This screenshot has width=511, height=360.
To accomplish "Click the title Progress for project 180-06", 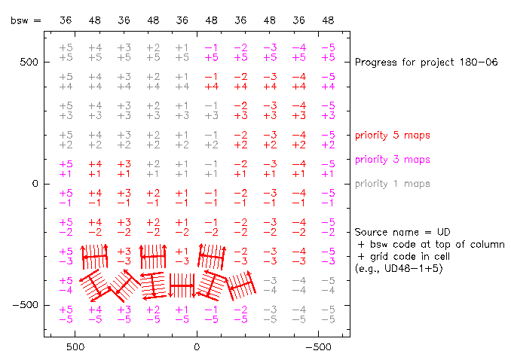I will pyautogui.click(x=426, y=62).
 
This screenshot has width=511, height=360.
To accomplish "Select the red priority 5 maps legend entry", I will pyautogui.click(x=393, y=136).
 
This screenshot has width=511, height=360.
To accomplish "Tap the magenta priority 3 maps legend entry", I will pyautogui.click(x=393, y=160).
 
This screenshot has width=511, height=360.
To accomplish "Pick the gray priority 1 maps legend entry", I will pyautogui.click(x=393, y=184).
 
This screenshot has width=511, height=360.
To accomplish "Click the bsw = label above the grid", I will pyautogui.click(x=26, y=21).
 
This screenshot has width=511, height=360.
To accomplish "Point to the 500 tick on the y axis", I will pyautogui.click(x=29, y=62).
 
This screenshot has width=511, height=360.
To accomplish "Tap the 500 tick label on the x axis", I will pyautogui.click(x=75, y=349).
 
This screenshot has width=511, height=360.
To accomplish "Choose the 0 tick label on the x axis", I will pyautogui.click(x=197, y=349).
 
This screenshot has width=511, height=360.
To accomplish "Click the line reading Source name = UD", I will pyautogui.click(x=396, y=232).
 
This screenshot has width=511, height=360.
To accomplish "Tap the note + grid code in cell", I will pyautogui.click(x=408, y=256).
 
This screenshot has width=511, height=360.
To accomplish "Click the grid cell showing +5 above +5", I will pyautogui.click(x=66, y=52).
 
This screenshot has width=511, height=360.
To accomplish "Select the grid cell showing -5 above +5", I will pyautogui.click(x=328, y=52).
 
